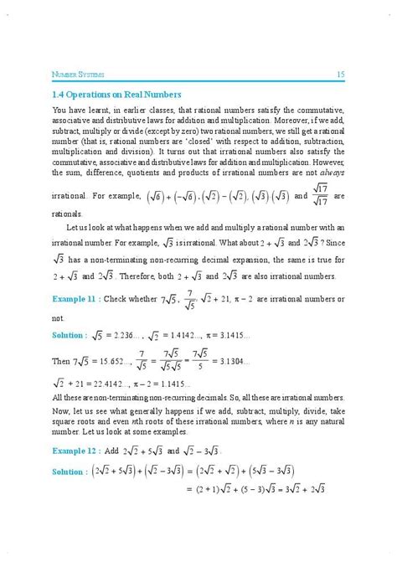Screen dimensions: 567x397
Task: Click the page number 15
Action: pos(341,75)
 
